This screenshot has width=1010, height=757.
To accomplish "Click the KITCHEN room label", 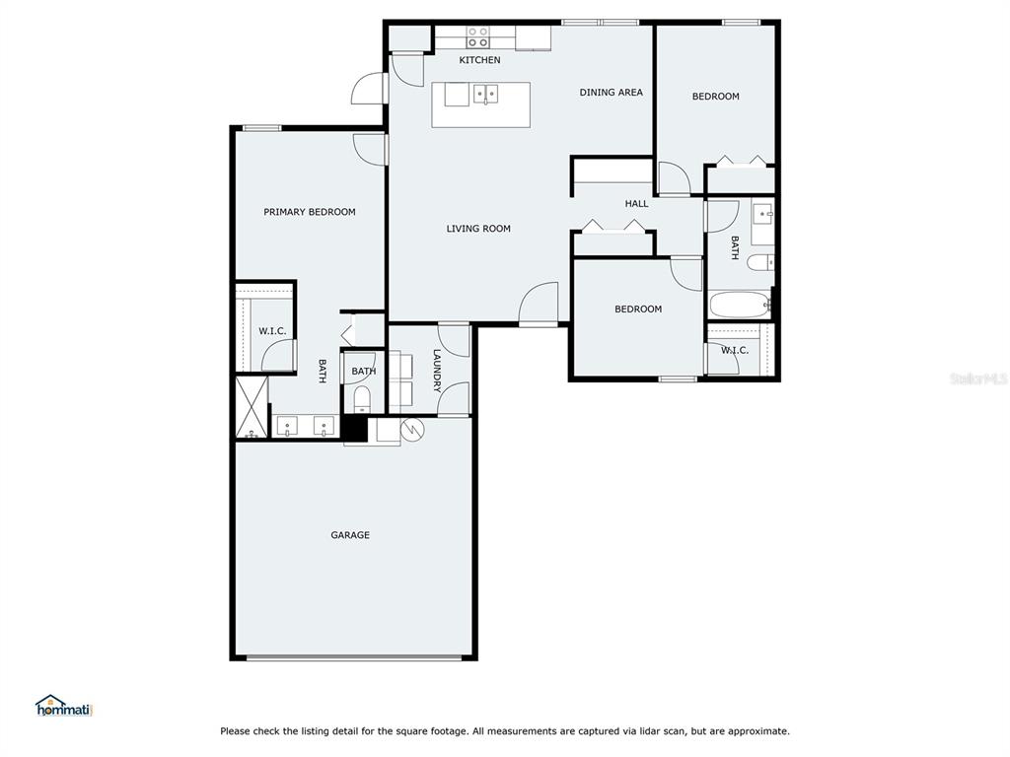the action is point(479,60).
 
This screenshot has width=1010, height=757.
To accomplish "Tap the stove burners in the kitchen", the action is point(477,37).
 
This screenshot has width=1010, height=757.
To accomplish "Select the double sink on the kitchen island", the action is point(485,94).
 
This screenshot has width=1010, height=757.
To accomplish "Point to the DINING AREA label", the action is point(611,92).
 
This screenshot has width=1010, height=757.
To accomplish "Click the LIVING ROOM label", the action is point(478,229).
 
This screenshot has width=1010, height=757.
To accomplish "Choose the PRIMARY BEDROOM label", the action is point(309,212).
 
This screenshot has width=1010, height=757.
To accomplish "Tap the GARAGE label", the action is point(350,535).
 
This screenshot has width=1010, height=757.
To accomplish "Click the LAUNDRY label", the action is point(437,371).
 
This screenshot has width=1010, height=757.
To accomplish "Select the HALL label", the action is point(636,203).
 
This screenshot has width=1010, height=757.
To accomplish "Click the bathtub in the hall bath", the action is point(740,305).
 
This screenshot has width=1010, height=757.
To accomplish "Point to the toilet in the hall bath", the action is point(760,262).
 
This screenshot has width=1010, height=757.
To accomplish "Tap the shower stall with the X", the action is point(252,407).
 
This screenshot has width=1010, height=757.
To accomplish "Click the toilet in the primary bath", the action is point(362,399).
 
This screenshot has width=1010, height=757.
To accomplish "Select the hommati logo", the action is point(64,706).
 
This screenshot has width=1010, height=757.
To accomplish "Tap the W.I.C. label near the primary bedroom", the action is point(272,331).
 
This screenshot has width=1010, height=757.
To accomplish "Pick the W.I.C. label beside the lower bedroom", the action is point(734,350).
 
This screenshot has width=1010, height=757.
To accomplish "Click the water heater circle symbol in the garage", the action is point(412,430).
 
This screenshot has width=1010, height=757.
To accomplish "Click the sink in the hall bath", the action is point(763,213).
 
